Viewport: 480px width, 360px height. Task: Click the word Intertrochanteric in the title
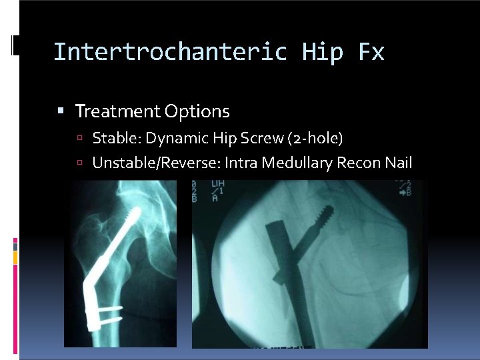[170, 51]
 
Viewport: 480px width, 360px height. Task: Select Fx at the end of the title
[371, 51]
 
